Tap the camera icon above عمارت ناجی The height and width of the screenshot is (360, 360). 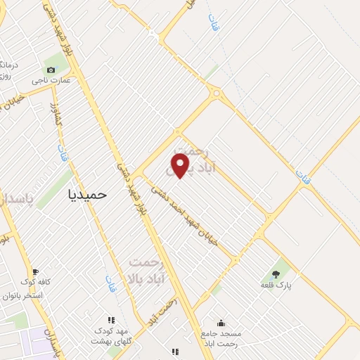click(51, 70)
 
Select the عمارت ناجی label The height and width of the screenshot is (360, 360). click(51, 81)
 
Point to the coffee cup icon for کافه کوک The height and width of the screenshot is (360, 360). click(36, 272)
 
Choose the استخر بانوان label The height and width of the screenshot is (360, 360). click(41, 295)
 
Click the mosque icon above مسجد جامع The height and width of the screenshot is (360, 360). click(221, 323)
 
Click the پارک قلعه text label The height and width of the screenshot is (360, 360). click(276, 285)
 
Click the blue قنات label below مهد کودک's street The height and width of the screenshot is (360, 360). click(110, 284)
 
